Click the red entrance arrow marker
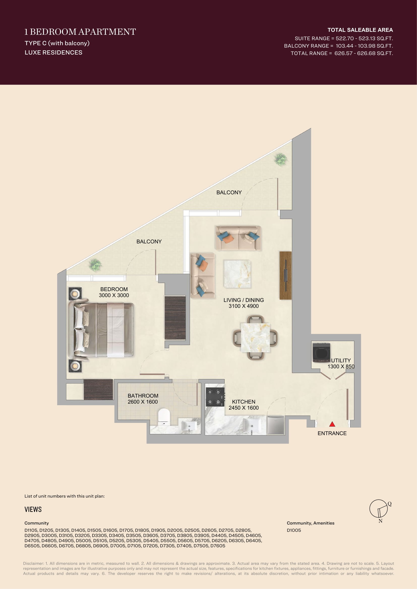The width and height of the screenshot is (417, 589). click(x=332, y=424)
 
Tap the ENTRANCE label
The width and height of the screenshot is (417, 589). click(x=332, y=433)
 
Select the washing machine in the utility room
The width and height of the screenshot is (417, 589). click(x=321, y=352)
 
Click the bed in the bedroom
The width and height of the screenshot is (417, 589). click(x=101, y=330)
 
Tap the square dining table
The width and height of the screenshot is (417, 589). click(x=255, y=338)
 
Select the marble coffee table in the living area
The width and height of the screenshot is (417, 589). click(x=237, y=274)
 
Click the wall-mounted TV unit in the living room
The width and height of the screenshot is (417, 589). click(x=286, y=275)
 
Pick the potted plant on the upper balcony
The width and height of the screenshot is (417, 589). click(x=281, y=159)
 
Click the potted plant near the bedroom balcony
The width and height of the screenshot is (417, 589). click(x=95, y=265)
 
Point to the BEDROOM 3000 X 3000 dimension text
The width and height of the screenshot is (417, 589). click(x=114, y=292)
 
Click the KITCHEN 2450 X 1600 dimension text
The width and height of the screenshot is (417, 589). click(x=244, y=405)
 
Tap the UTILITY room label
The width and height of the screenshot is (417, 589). click(x=341, y=360)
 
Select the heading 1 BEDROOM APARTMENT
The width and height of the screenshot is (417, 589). click(x=80, y=32)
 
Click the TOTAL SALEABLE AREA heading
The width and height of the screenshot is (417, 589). click(x=360, y=30)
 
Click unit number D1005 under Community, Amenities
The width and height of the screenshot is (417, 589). click(x=294, y=530)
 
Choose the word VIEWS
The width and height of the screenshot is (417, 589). click(x=33, y=509)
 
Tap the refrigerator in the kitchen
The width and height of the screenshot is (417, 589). click(x=276, y=425)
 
